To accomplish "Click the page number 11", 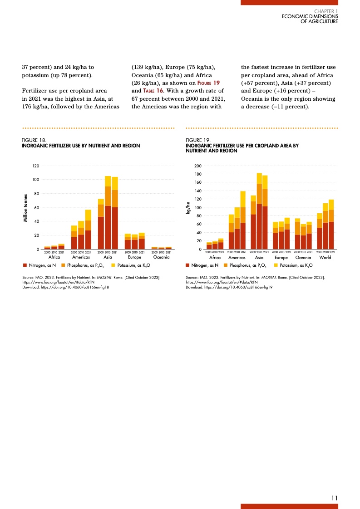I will [335, 498].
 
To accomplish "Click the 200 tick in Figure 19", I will [198, 166].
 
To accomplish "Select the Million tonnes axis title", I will [26, 207].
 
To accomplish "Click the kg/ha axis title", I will [187, 208].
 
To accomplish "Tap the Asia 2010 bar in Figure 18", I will [108, 213].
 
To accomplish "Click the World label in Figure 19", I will [325, 257].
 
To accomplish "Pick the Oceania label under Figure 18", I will [162, 257].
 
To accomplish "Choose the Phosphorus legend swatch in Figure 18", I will [63, 264].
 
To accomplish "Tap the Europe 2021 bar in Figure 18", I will [142, 241].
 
